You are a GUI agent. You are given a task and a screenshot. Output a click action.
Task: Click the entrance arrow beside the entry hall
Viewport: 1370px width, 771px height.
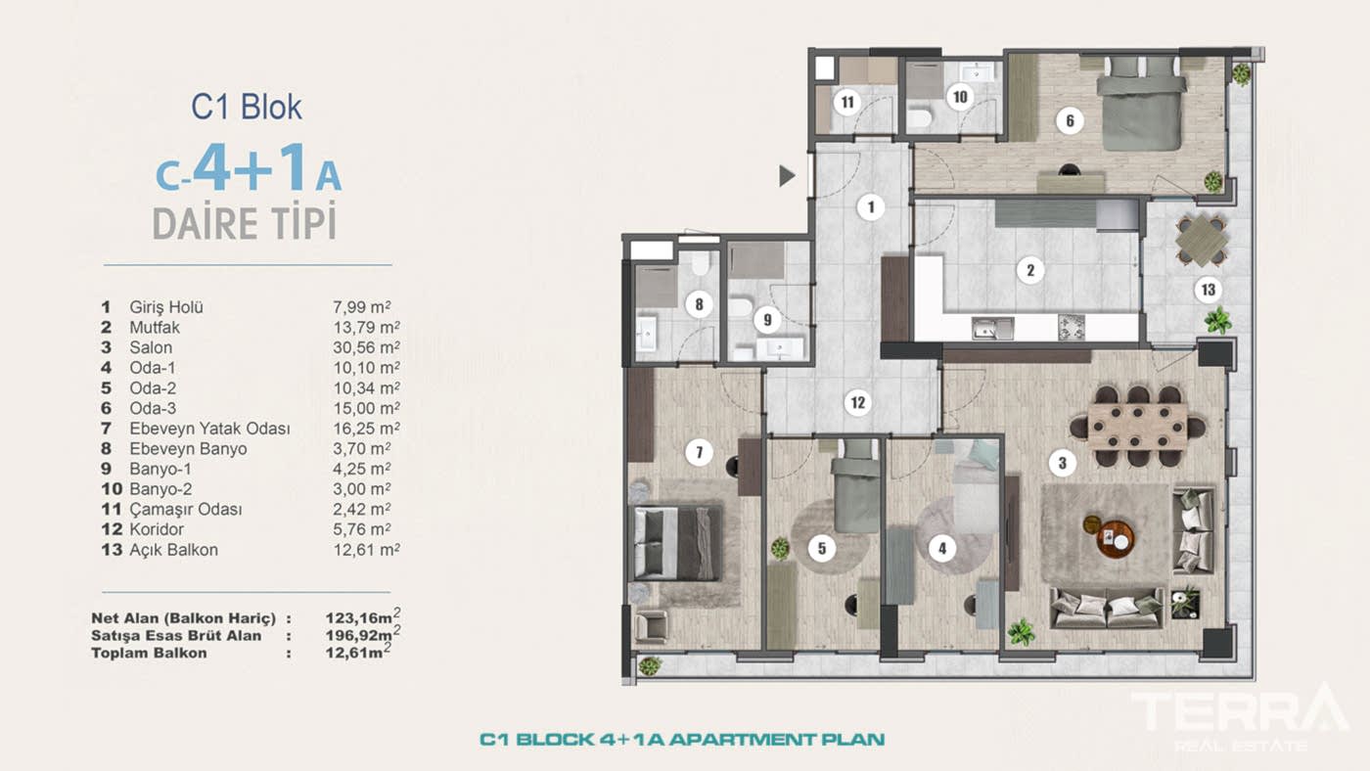(786, 176)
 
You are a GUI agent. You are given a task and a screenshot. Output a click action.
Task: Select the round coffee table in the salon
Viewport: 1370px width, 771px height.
(1115, 538)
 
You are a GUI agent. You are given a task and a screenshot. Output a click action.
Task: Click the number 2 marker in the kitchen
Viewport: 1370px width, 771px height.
(1029, 270)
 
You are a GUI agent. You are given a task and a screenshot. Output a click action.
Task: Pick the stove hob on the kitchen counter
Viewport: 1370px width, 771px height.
(1072, 328)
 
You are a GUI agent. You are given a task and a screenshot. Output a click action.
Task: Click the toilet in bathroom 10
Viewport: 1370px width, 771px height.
(919, 118)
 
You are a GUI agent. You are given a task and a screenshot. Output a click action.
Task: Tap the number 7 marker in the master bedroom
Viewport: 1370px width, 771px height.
(699, 453)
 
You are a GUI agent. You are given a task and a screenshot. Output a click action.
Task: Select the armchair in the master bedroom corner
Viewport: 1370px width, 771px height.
(651, 625)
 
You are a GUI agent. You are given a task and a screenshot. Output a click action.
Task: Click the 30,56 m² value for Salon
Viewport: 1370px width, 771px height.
(366, 347)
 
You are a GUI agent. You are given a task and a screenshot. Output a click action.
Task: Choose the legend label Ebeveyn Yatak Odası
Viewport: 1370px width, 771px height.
(209, 429)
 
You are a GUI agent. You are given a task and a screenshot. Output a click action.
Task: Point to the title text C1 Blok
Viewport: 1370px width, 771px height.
(247, 107)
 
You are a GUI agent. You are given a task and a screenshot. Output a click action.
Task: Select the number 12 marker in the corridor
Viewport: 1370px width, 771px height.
(857, 402)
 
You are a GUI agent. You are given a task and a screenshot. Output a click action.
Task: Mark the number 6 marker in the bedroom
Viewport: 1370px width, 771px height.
(1070, 121)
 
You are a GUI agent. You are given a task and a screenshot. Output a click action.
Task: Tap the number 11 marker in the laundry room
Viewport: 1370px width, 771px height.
(846, 101)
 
